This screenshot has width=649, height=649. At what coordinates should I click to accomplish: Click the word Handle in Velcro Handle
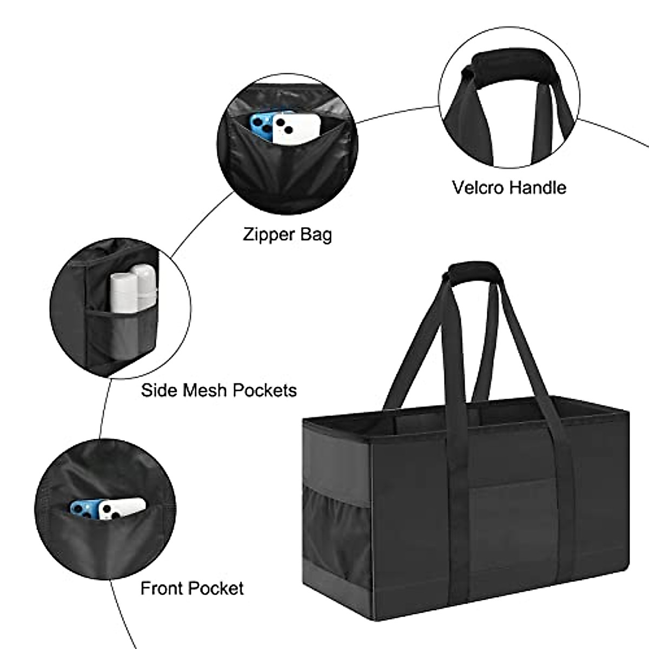coord(538,188)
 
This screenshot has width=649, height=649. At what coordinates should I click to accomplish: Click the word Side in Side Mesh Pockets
coord(158,390)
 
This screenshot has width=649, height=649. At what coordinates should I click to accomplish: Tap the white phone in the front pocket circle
coord(121,508)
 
